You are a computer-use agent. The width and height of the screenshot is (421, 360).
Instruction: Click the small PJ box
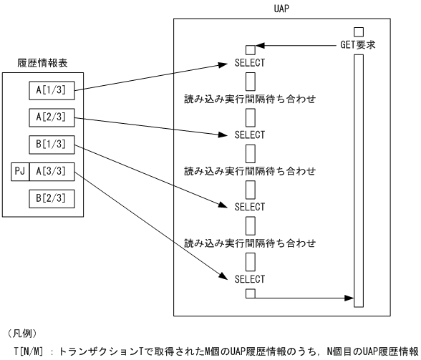click(20, 171)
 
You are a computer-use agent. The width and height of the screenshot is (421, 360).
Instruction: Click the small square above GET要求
click(359, 31)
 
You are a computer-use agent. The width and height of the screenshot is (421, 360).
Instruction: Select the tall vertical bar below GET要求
click(359, 179)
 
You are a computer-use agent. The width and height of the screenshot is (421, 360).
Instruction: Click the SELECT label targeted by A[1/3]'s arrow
click(250, 63)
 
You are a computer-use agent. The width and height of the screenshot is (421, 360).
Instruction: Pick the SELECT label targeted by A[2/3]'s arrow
click(250, 135)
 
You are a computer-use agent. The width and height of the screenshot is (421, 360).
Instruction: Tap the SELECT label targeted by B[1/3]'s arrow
click(250, 207)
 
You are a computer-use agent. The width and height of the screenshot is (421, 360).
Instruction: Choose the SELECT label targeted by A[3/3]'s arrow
click(250, 278)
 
